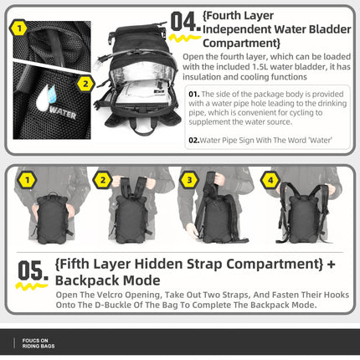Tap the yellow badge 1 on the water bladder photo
coord(18,29)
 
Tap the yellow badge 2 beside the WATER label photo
coord(85,83)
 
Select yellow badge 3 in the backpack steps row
coord(189,179)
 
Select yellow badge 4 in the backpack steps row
coord(270,179)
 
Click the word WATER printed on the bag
coord(61,110)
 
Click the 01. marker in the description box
coord(193,94)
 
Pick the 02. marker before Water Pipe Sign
coord(193,140)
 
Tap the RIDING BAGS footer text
coord(39,346)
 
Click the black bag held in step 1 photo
coord(52,219)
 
